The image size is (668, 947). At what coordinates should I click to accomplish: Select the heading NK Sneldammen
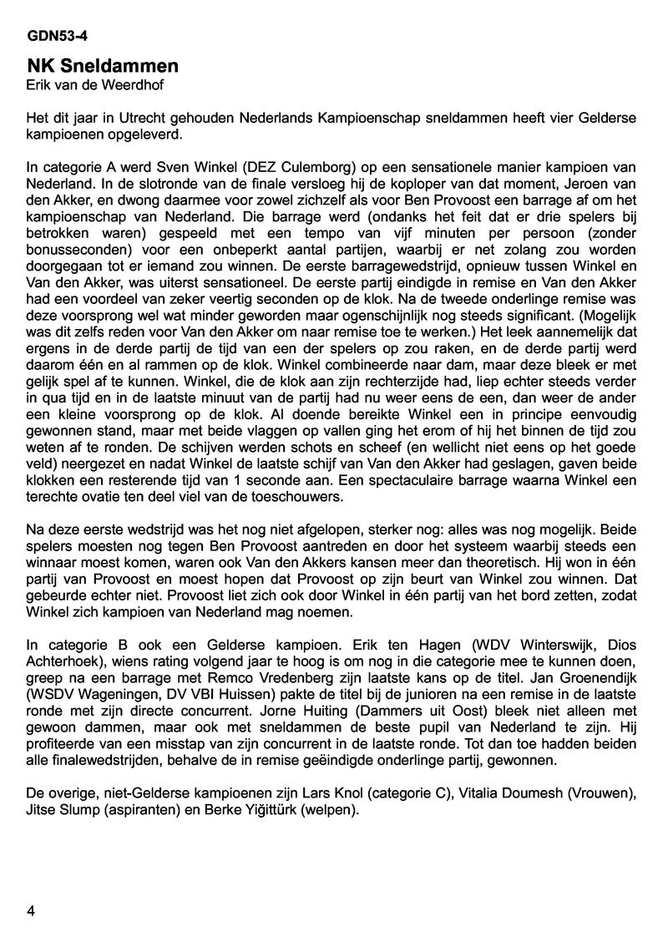coord(102,66)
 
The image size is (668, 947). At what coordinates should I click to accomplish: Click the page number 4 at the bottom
coord(31,911)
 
